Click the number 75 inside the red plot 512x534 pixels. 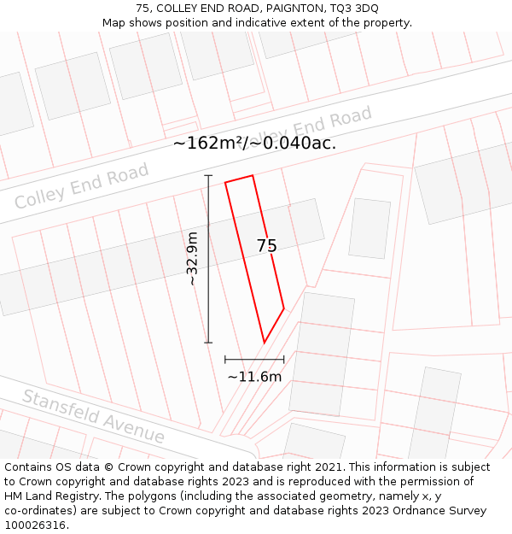[x=266, y=246]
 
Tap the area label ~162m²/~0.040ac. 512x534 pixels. [x=254, y=144]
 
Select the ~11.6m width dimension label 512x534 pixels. [x=254, y=376]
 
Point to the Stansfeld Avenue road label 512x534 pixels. [x=94, y=416]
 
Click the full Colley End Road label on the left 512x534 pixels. [x=82, y=186]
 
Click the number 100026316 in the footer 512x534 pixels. [x=37, y=525]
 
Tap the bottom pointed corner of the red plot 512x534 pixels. [x=264, y=343]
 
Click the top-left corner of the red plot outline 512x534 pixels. [x=225, y=182]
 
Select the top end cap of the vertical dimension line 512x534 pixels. [x=208, y=175]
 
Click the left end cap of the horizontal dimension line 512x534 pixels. [x=225, y=360]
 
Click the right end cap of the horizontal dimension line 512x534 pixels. [x=284, y=360]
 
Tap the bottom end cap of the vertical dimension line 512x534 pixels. [x=208, y=343]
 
